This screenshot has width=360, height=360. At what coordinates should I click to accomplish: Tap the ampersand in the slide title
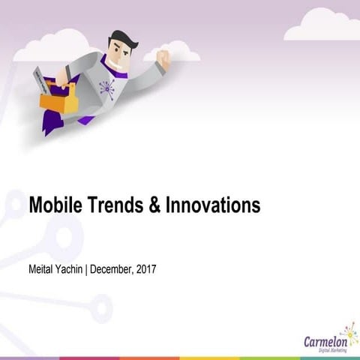154,205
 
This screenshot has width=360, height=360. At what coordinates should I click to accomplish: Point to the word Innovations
212,205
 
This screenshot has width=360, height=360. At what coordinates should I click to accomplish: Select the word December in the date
112,267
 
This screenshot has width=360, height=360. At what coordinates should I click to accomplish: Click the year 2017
145,267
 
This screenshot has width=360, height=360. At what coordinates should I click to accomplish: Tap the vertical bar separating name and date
86,267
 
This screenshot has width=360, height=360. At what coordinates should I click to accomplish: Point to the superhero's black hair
120,39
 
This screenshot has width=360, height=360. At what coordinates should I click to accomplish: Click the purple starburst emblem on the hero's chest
107,88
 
